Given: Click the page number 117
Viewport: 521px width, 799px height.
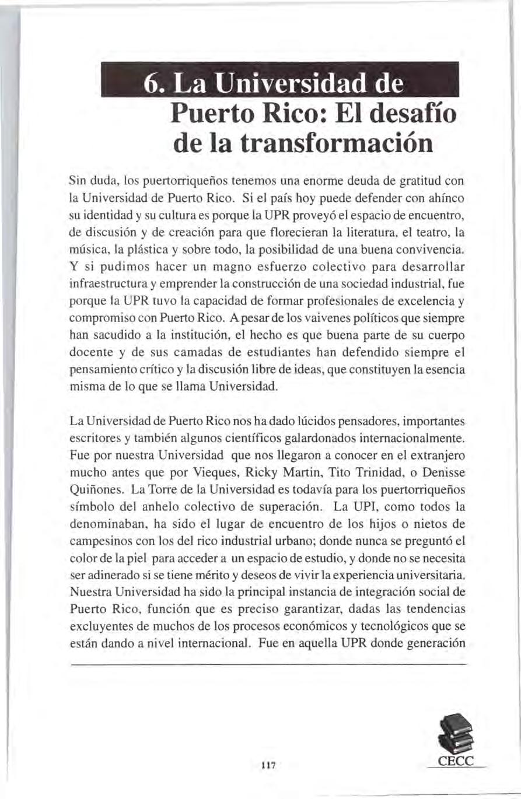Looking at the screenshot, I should point(268,765).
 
